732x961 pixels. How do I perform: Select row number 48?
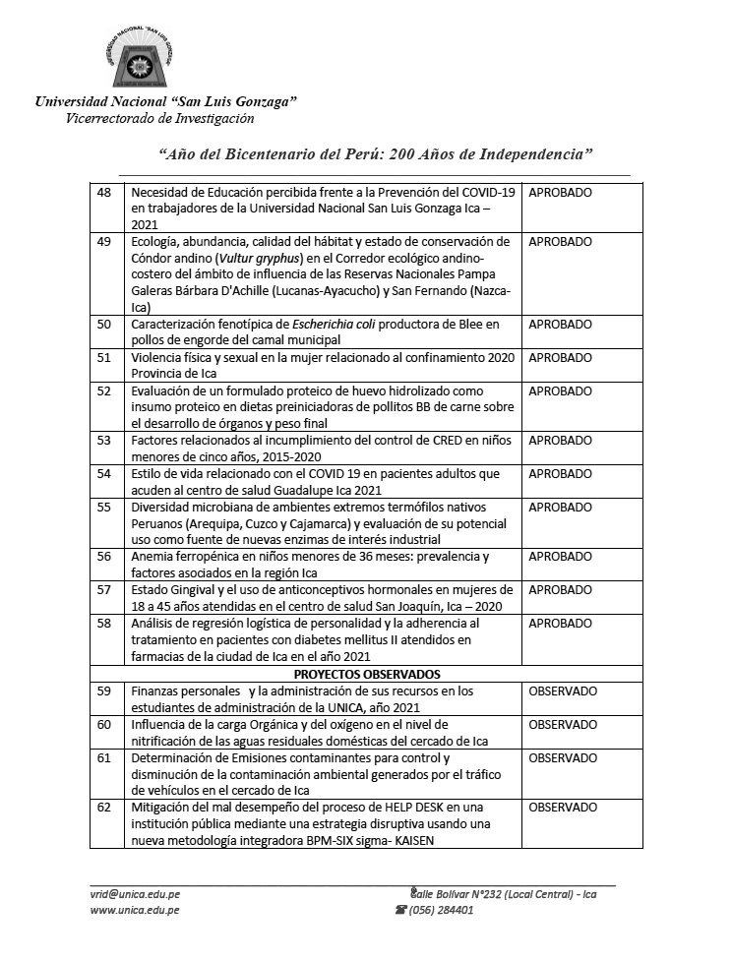[104, 193]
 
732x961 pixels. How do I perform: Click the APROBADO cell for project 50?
[560, 325]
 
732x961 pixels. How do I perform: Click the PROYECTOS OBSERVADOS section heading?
[366, 675]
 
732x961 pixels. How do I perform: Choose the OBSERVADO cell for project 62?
[562, 808]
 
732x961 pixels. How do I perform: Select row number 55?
[104, 507]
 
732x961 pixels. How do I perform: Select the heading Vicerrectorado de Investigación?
[159, 119]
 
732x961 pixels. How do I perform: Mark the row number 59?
[104, 691]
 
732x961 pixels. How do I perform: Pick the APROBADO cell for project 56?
[560, 557]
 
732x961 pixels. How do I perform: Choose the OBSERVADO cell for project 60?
[562, 725]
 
